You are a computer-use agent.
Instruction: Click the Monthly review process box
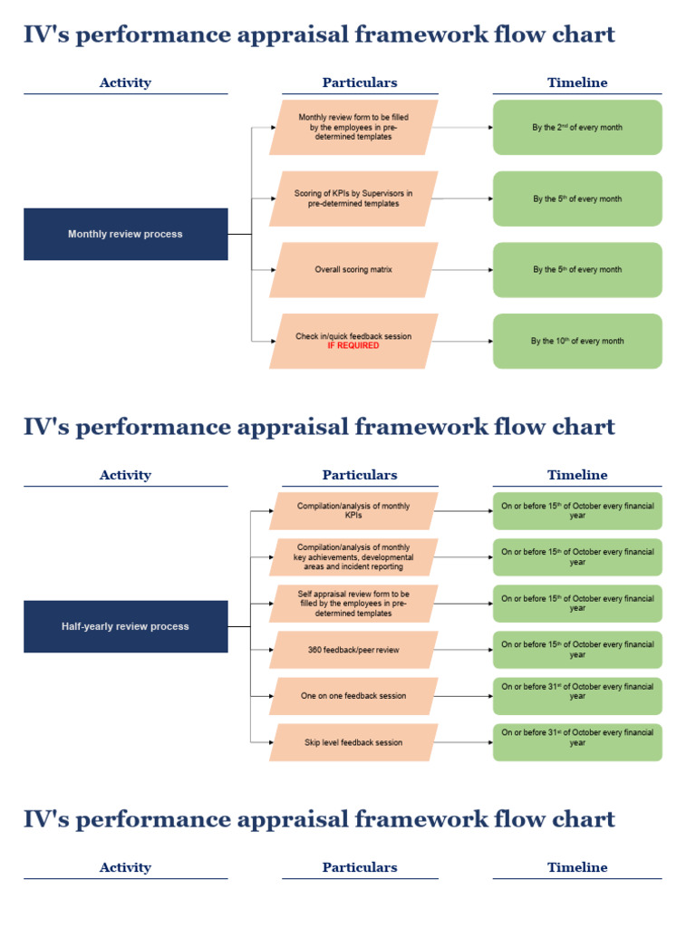[x=125, y=234]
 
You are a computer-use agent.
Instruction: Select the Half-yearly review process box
[x=125, y=626]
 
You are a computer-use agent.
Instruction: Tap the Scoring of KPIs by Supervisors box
[x=353, y=198]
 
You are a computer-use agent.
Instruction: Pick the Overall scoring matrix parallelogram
[x=353, y=269]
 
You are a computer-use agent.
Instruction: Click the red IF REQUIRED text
[x=353, y=346]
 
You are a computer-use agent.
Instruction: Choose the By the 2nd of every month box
[x=577, y=128]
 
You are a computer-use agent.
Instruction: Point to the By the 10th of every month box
[x=577, y=341]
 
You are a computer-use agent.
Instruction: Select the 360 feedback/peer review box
[x=353, y=650]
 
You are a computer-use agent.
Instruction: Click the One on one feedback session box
[x=353, y=696]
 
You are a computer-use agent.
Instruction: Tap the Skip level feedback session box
[x=353, y=742]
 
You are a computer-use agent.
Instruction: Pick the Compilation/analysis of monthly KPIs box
[x=353, y=511]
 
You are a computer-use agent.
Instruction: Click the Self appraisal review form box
[x=353, y=604]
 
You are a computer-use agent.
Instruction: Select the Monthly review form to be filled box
[x=353, y=128]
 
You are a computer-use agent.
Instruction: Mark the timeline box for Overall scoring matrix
[x=577, y=269]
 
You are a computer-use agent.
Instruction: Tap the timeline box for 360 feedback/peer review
[x=577, y=650]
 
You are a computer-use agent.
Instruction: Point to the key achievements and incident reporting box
[x=353, y=557]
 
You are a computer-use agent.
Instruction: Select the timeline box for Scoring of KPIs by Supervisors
[x=577, y=198]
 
